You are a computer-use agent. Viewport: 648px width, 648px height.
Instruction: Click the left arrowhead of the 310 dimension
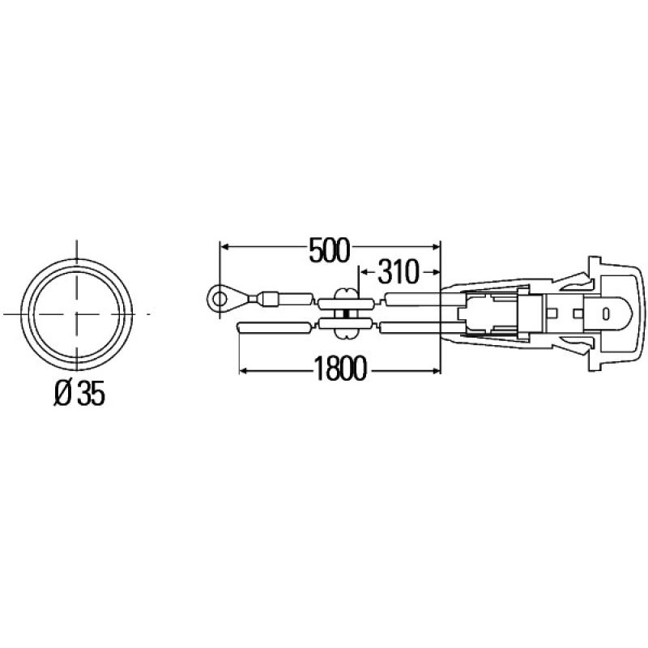(x=362, y=271)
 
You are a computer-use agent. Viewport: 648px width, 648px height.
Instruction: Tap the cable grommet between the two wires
(x=347, y=313)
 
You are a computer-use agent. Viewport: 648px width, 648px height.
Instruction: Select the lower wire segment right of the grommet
(x=409, y=326)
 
